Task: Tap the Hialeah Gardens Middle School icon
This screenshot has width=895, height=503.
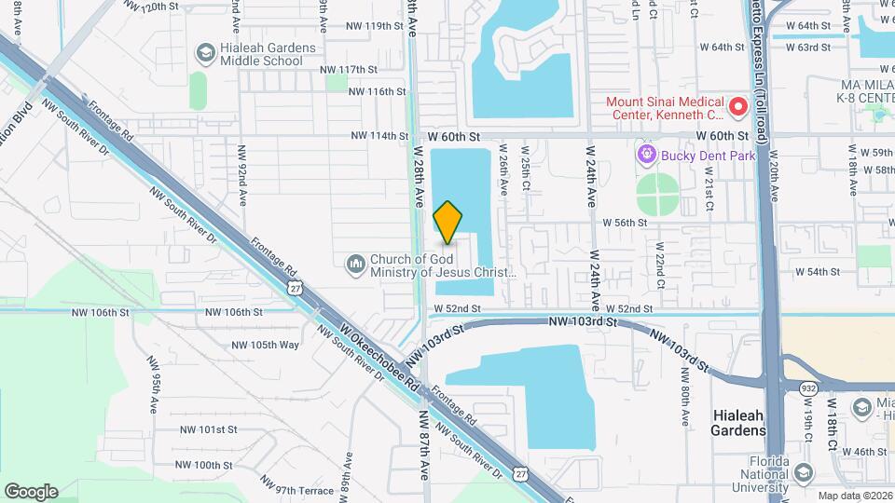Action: (203, 54)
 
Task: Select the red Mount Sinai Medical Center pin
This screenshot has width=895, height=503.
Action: (739, 107)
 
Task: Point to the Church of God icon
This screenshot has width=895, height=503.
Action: (355, 265)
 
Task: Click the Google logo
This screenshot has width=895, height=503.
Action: (31, 491)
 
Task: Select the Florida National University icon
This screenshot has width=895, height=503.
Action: (802, 474)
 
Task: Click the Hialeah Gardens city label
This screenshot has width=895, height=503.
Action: (738, 423)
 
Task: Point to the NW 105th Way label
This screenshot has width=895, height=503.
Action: (267, 344)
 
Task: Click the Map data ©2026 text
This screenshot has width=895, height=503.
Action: (853, 496)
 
